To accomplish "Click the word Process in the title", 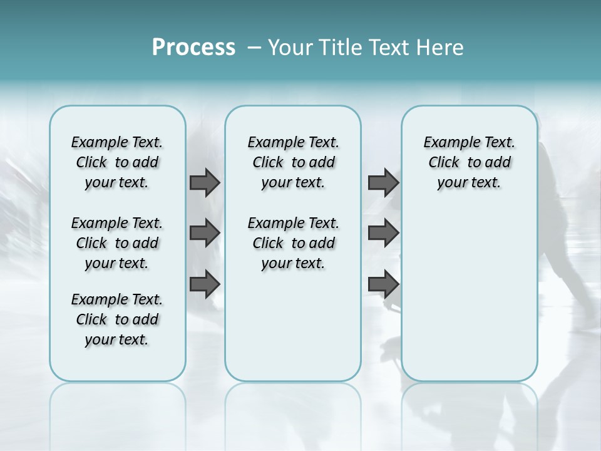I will coord(193,47).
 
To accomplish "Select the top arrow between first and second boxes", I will coord(205,183).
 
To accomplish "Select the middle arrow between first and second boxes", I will coord(205,233).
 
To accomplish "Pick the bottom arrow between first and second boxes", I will coord(205,284).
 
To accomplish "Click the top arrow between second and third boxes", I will coord(383,183).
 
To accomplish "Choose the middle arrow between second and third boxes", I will coord(383,233).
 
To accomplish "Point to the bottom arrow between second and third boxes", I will coord(383,284).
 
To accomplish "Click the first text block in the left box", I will coord(117,162).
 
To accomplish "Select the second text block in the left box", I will coord(117,243).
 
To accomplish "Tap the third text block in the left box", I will coord(117,319).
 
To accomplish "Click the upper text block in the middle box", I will coord(293,162).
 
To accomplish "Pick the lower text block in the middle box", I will coord(293,243).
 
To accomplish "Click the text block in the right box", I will coord(469,162).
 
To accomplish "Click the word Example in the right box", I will coord(446,143).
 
